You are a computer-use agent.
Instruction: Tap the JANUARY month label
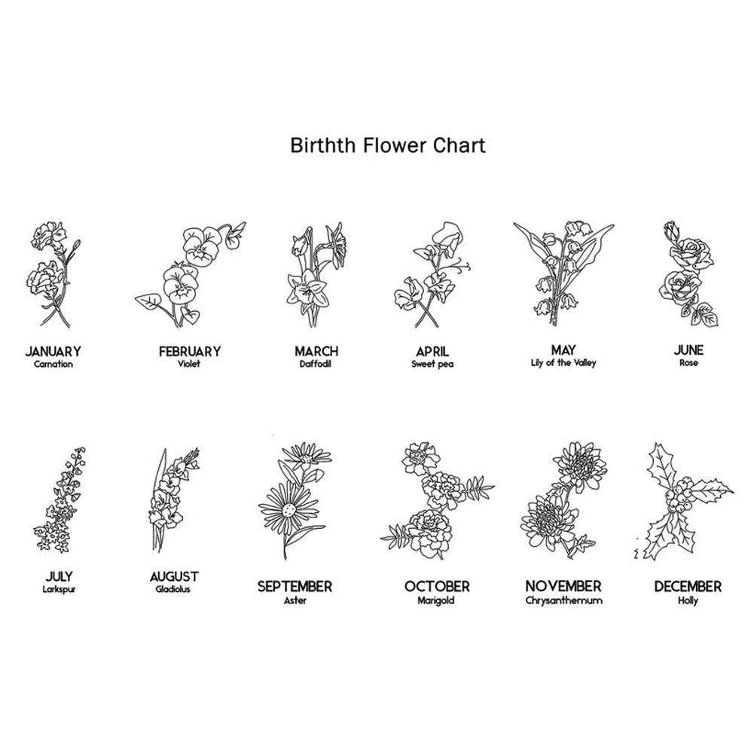click(x=53, y=352)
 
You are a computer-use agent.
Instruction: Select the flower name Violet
click(x=189, y=364)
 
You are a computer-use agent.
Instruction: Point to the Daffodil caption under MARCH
click(x=316, y=364)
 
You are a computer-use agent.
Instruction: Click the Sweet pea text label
click(x=432, y=364)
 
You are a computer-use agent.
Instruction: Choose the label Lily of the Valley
click(x=563, y=362)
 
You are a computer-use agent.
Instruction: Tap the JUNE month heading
click(x=688, y=350)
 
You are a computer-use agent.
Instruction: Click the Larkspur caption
click(x=60, y=589)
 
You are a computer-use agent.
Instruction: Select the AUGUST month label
click(x=174, y=576)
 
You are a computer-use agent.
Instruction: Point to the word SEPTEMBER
click(x=295, y=587)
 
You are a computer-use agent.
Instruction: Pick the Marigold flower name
click(x=436, y=600)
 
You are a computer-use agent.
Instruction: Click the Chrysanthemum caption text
click(x=563, y=600)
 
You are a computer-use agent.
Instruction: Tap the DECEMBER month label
click(x=688, y=587)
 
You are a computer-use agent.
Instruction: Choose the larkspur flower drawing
click(x=60, y=499)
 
